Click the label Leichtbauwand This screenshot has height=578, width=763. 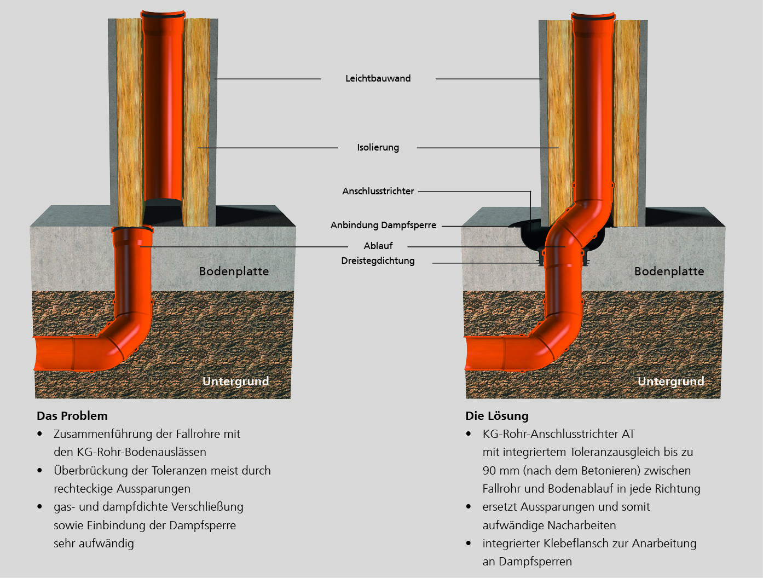[378, 78]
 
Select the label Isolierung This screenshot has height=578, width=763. [378, 147]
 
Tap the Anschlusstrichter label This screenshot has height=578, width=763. [378, 191]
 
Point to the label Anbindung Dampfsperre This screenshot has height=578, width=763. [383, 225]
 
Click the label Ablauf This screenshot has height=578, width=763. [378, 246]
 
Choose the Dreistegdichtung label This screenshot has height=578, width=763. [378, 261]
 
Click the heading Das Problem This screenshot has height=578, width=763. [72, 415]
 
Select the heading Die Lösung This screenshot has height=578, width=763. [496, 415]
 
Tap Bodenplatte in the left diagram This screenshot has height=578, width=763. [234, 271]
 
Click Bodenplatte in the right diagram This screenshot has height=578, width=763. [669, 271]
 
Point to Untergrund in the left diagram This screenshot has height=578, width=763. [235, 381]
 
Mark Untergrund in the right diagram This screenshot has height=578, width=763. [670, 381]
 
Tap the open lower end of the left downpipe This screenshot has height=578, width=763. [163, 200]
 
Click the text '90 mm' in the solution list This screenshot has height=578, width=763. [500, 470]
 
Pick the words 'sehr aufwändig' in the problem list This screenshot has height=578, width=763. [94, 543]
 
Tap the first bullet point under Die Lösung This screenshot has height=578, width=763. [469, 433]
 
